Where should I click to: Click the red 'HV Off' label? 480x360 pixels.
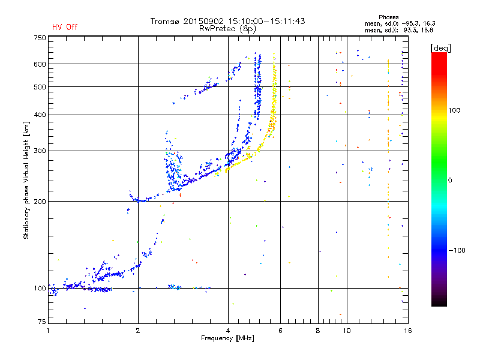[x=65, y=27]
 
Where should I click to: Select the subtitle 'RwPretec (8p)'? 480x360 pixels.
[x=227, y=29]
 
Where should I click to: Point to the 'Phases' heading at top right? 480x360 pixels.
[x=388, y=17]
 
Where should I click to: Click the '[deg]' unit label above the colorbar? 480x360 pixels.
[x=440, y=48]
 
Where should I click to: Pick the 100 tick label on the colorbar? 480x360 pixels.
[x=454, y=110]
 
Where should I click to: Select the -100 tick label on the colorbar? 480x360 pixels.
[x=457, y=250]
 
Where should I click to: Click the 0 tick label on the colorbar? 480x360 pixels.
[x=450, y=181]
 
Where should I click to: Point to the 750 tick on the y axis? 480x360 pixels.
[x=40, y=38]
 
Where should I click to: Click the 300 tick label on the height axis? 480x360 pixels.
[x=40, y=151]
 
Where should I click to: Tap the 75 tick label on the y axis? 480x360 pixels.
[x=42, y=322]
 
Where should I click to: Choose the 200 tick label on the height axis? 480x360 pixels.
[x=40, y=202]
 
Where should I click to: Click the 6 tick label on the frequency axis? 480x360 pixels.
[x=280, y=331]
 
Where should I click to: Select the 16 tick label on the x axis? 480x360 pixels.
[x=408, y=331]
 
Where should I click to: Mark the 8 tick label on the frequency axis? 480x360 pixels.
[x=318, y=331]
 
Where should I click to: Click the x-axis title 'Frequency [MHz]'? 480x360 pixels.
[x=227, y=338]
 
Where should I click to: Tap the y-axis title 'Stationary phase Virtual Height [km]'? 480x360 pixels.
[x=26, y=181]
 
